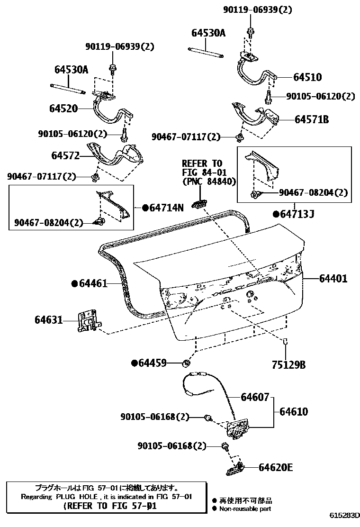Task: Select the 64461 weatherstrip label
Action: coord(93,283)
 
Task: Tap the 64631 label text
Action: coord(48,320)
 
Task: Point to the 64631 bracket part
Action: coord(87,322)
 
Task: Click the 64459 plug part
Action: coord(186,363)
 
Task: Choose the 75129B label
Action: coord(288,365)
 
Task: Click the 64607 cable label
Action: coord(254,397)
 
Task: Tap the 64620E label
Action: coord(276,468)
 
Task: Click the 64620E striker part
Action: coord(235,470)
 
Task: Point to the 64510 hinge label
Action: coord(307,77)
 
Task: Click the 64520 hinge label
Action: coord(63,109)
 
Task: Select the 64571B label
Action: coord(311,120)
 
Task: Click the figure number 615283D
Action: coord(345,515)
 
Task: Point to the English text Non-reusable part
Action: coord(245,509)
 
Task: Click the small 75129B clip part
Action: coord(286,341)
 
